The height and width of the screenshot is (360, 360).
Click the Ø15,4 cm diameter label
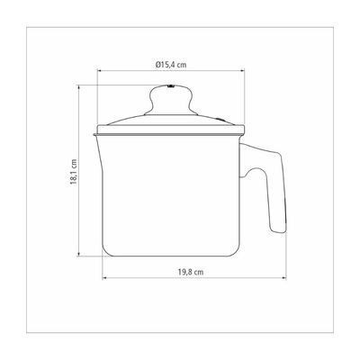pyautogui.click(x=171, y=65)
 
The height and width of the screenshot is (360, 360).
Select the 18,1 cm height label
pyautogui.click(x=74, y=172)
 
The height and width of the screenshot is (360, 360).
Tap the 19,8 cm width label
pyautogui.click(x=191, y=272)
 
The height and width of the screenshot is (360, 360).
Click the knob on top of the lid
pyautogui.click(x=171, y=100)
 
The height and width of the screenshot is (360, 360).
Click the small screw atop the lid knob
pyautogui.click(x=171, y=86)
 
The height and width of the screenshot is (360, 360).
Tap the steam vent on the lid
pyautogui.click(x=221, y=120)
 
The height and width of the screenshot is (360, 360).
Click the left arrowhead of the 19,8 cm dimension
pyautogui.click(x=104, y=278)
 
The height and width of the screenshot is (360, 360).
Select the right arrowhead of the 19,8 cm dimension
pyautogui.click(x=284, y=278)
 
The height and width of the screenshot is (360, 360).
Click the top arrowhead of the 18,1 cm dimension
pyautogui.click(x=78, y=87)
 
